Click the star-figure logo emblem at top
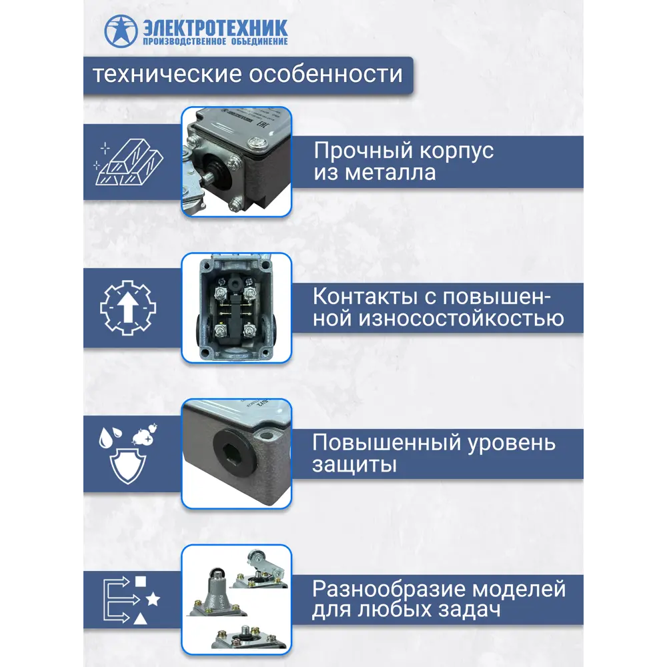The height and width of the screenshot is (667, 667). [x=119, y=31]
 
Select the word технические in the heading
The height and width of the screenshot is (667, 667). [x=166, y=74]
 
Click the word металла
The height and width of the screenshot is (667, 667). [x=390, y=173]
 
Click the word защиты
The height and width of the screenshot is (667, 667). [x=354, y=465]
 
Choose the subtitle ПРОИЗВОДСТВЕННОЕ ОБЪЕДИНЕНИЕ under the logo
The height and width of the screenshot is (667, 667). [x=215, y=42]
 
